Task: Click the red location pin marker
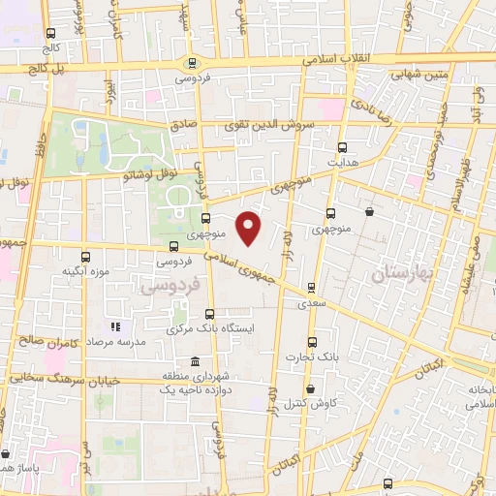click(249, 229)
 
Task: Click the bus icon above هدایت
click(341, 147)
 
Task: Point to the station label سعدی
click(311, 303)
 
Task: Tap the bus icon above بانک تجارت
click(311, 343)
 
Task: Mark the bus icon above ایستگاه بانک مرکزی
click(209, 313)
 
